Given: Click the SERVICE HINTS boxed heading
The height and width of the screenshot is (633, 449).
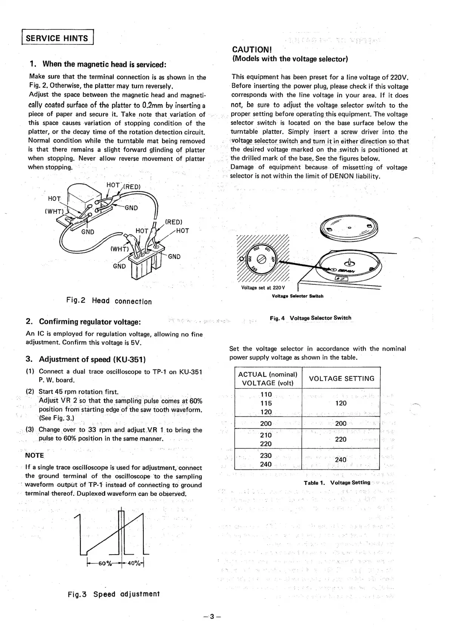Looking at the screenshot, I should point(57,38).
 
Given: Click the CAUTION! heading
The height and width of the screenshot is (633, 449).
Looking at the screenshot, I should point(252,49).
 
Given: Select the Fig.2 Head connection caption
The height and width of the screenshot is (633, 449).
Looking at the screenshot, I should point(109,301).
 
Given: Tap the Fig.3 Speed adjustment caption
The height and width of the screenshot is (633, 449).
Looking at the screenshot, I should point(114,594).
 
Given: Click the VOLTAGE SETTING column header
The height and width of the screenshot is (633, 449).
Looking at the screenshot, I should point(341,378).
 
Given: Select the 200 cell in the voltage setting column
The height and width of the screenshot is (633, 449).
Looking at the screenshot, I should point(341,424).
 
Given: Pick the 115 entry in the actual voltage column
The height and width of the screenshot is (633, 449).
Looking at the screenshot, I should point(266,403).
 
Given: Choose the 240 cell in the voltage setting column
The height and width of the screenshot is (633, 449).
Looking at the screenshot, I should point(341,460).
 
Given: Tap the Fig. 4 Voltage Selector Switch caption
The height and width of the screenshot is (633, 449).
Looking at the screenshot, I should point(311,318).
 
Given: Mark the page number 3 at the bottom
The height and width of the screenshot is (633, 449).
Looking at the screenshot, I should point(212,616).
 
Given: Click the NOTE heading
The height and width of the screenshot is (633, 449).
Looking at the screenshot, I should point(34,455).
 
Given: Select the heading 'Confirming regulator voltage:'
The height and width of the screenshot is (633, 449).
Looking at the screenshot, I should point(90,322).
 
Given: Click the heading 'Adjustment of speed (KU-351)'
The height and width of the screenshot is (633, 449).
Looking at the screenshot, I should point(92,359).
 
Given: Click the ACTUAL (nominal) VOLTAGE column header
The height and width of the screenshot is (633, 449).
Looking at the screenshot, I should point(268,378).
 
